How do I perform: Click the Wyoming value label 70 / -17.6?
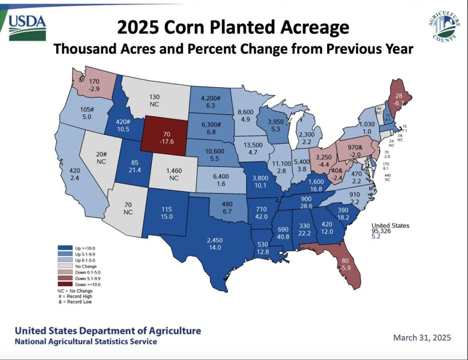167,138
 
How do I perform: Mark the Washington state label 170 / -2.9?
95,86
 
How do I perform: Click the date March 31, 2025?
422,338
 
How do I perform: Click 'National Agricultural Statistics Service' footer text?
86,342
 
